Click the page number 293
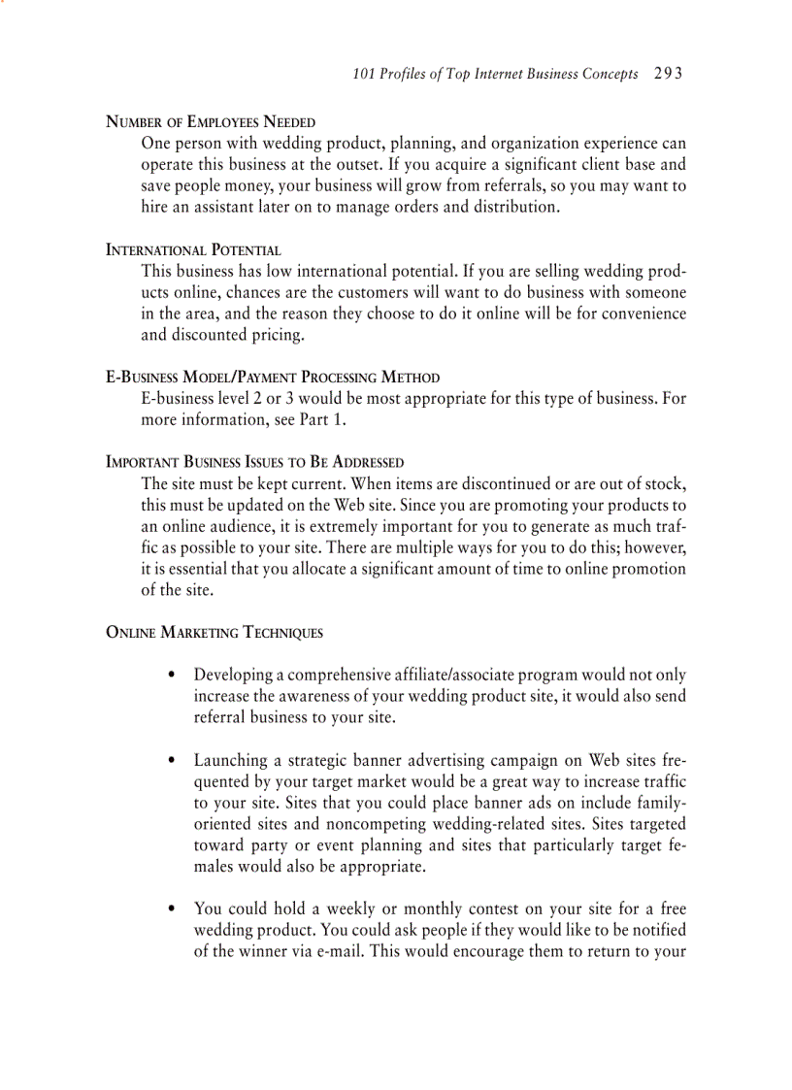669,74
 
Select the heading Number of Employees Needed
211,122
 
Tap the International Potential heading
193,249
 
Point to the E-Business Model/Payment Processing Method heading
272,377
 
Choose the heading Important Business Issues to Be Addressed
254,462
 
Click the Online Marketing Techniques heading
214,633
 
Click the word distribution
514,208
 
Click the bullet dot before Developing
172,675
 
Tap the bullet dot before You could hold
172,909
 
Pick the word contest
493,909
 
